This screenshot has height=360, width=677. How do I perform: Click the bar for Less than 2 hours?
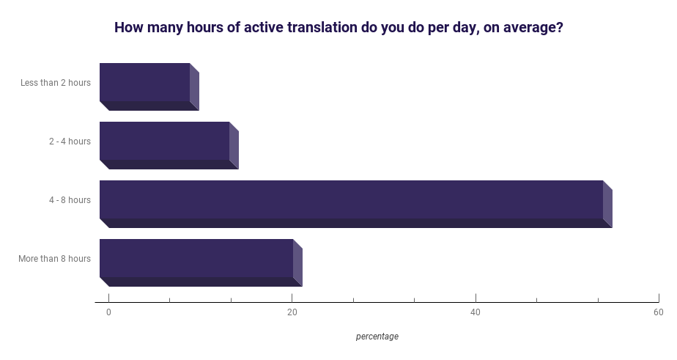click(x=149, y=87)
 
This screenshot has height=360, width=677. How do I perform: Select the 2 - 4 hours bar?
click(x=169, y=145)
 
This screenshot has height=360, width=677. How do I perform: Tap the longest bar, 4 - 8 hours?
click(x=356, y=204)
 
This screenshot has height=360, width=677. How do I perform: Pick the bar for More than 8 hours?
click(x=201, y=262)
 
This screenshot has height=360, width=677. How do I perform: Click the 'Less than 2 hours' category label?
click(x=56, y=83)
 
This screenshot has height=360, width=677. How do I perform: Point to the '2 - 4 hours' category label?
click(x=70, y=142)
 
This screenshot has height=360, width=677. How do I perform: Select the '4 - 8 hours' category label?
click(x=70, y=200)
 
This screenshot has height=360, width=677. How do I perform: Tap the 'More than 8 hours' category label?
click(x=54, y=258)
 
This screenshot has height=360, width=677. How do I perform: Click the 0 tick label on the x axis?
click(x=108, y=312)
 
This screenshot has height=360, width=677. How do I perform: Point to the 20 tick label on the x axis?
click(x=292, y=312)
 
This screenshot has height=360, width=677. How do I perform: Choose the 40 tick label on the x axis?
click(x=476, y=312)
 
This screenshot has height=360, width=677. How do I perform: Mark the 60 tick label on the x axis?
click(x=659, y=312)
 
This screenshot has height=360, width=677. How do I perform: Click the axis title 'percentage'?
click(x=377, y=337)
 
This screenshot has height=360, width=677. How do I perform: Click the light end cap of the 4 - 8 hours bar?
click(x=607, y=204)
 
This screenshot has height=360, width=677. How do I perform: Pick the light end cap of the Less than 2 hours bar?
click(x=194, y=87)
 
